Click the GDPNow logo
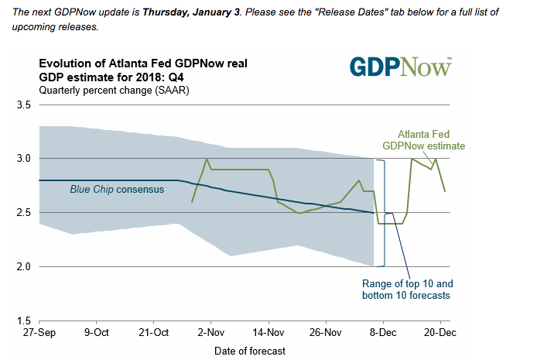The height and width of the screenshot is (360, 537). [400, 67]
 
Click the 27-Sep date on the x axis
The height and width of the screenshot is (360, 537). [39, 333]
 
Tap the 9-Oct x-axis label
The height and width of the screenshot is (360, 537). [97, 333]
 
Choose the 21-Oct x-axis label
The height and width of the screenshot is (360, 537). [154, 333]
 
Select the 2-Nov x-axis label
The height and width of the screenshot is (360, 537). [211, 333]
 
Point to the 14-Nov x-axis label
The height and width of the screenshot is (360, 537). [268, 333]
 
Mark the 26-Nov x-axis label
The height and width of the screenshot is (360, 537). [326, 333]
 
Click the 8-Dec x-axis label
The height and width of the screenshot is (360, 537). [383, 333]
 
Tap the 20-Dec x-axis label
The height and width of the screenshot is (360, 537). [440, 333]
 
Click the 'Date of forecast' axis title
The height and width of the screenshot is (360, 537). [250, 351]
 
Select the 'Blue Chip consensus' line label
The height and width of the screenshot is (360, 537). [116, 189]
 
